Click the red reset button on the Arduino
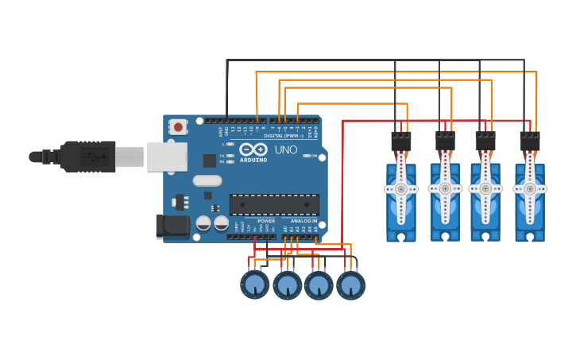pos(178,126)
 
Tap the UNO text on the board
pos(285,149)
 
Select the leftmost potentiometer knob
pos(254,285)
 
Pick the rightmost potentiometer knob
pos(350,285)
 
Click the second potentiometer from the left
pos(287,285)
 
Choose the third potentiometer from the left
pos(319,285)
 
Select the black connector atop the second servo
pos(446,141)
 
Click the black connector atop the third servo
pos(485,141)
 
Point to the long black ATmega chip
pos(274,204)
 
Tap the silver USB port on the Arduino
pos(167,157)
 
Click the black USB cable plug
pos(87,157)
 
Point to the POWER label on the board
pos(266,221)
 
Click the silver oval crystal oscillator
pos(207,180)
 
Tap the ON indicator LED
pos(307,156)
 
